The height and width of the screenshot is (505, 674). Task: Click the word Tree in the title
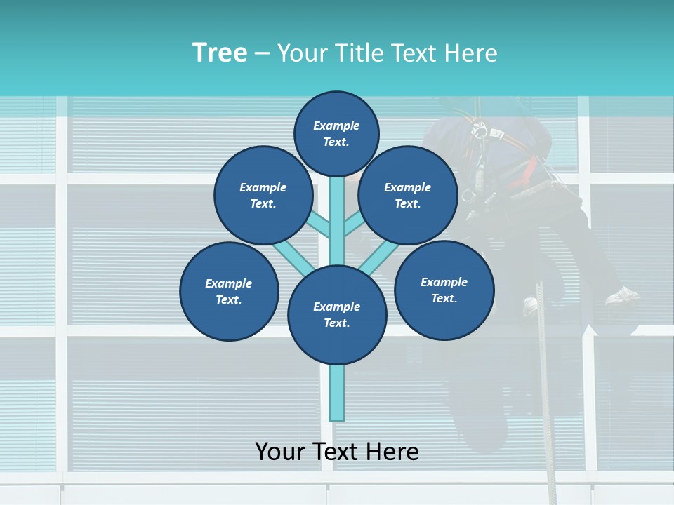click(x=219, y=53)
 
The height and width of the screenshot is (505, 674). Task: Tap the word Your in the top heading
click(x=305, y=53)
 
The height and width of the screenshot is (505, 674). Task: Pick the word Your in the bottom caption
click(x=281, y=451)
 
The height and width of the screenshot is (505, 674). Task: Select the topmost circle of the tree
click(x=336, y=133)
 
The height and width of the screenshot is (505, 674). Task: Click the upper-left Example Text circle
click(x=263, y=195)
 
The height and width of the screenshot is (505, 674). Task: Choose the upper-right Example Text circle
click(x=408, y=195)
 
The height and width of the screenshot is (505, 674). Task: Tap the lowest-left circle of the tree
click(x=229, y=291)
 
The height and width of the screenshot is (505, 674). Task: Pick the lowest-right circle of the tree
click(x=444, y=290)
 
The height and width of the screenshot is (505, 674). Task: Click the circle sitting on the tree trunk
click(x=337, y=315)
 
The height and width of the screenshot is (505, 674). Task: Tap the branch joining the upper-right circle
click(x=354, y=224)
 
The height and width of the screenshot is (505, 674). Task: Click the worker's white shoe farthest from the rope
click(x=623, y=295)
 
